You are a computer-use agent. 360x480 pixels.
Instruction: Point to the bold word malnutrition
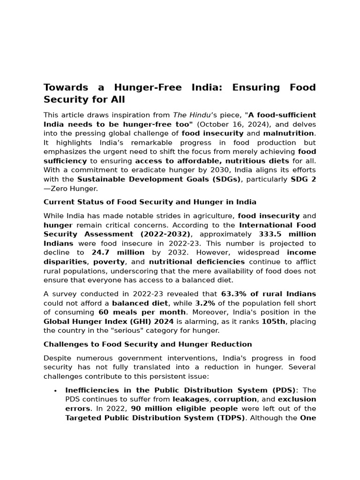click(288, 134)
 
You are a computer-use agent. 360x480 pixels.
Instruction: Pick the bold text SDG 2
click(303, 180)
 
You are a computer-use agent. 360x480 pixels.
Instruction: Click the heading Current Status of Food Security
click(150, 202)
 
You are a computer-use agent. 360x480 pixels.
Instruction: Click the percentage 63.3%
click(234, 294)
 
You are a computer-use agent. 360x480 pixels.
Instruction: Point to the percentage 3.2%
click(205, 303)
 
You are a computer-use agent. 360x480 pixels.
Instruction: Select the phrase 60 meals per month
click(142, 312)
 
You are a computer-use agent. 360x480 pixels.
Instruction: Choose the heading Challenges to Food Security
click(148, 345)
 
